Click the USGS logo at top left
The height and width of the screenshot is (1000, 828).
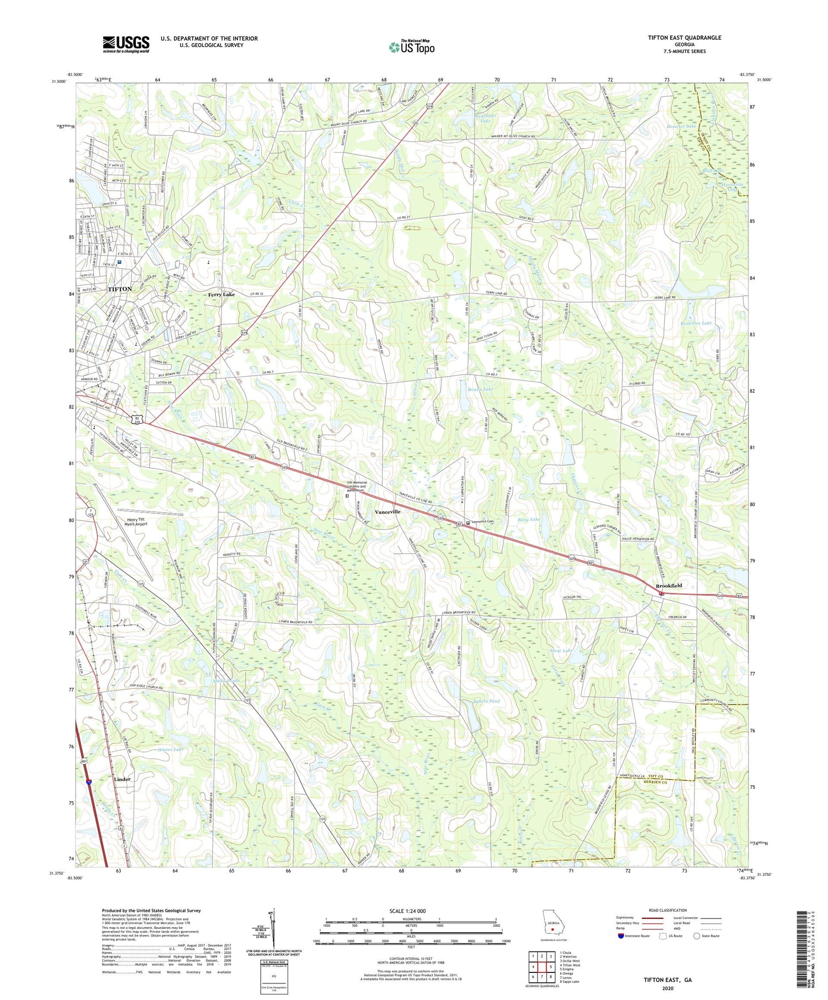(126, 44)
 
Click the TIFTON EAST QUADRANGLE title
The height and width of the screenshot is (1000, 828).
(684, 38)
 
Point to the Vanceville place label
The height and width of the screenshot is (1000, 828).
(388, 512)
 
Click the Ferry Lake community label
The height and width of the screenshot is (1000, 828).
(221, 295)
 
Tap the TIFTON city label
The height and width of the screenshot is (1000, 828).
(120, 289)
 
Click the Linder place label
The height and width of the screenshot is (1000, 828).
(122, 779)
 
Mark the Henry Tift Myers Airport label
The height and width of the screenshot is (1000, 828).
(139, 522)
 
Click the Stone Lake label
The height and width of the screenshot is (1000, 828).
(561, 651)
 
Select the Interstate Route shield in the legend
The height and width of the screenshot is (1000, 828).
(620, 936)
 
